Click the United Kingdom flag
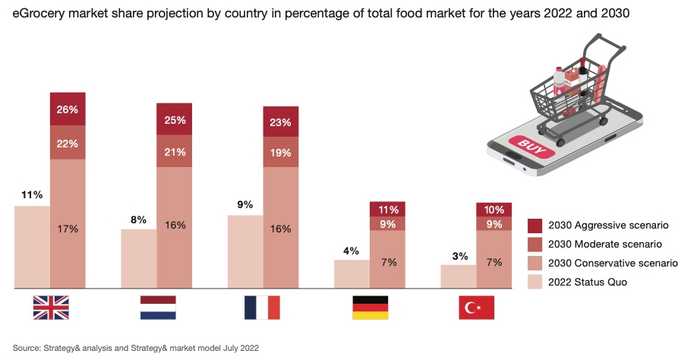51,307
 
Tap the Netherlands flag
157,307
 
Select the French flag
263,307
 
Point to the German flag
370,307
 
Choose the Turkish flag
476,307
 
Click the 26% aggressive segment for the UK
68,109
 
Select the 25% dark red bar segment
175,119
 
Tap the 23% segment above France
281,122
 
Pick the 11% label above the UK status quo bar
32,195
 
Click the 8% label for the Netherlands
138,219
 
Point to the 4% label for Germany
351,251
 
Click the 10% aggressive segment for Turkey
494,209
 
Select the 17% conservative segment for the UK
68,228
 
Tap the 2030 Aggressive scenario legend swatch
536,226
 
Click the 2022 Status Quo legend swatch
536,283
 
